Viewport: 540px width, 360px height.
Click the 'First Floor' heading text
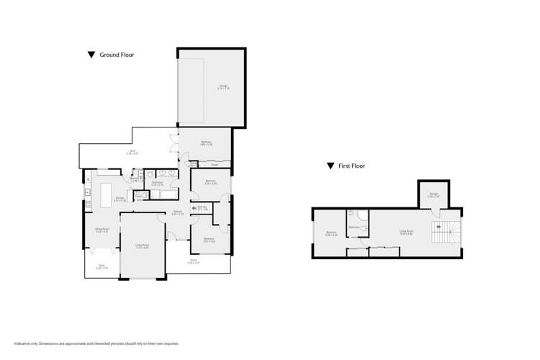[x=353, y=166]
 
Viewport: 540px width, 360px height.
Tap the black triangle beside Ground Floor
[x=91, y=55]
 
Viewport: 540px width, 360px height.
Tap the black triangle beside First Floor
[x=330, y=166]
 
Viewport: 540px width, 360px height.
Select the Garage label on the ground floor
[x=223, y=87]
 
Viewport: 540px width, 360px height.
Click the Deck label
[x=132, y=152]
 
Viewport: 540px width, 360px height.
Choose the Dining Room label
[x=102, y=230]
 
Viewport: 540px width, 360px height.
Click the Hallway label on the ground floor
[x=178, y=212]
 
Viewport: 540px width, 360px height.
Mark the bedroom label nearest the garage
[x=206, y=143]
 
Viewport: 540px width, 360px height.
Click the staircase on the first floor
[x=438, y=233]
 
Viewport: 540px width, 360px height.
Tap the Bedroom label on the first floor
[x=331, y=233]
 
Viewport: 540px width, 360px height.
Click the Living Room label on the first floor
[x=406, y=233]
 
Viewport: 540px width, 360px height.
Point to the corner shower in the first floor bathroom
[x=362, y=214]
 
